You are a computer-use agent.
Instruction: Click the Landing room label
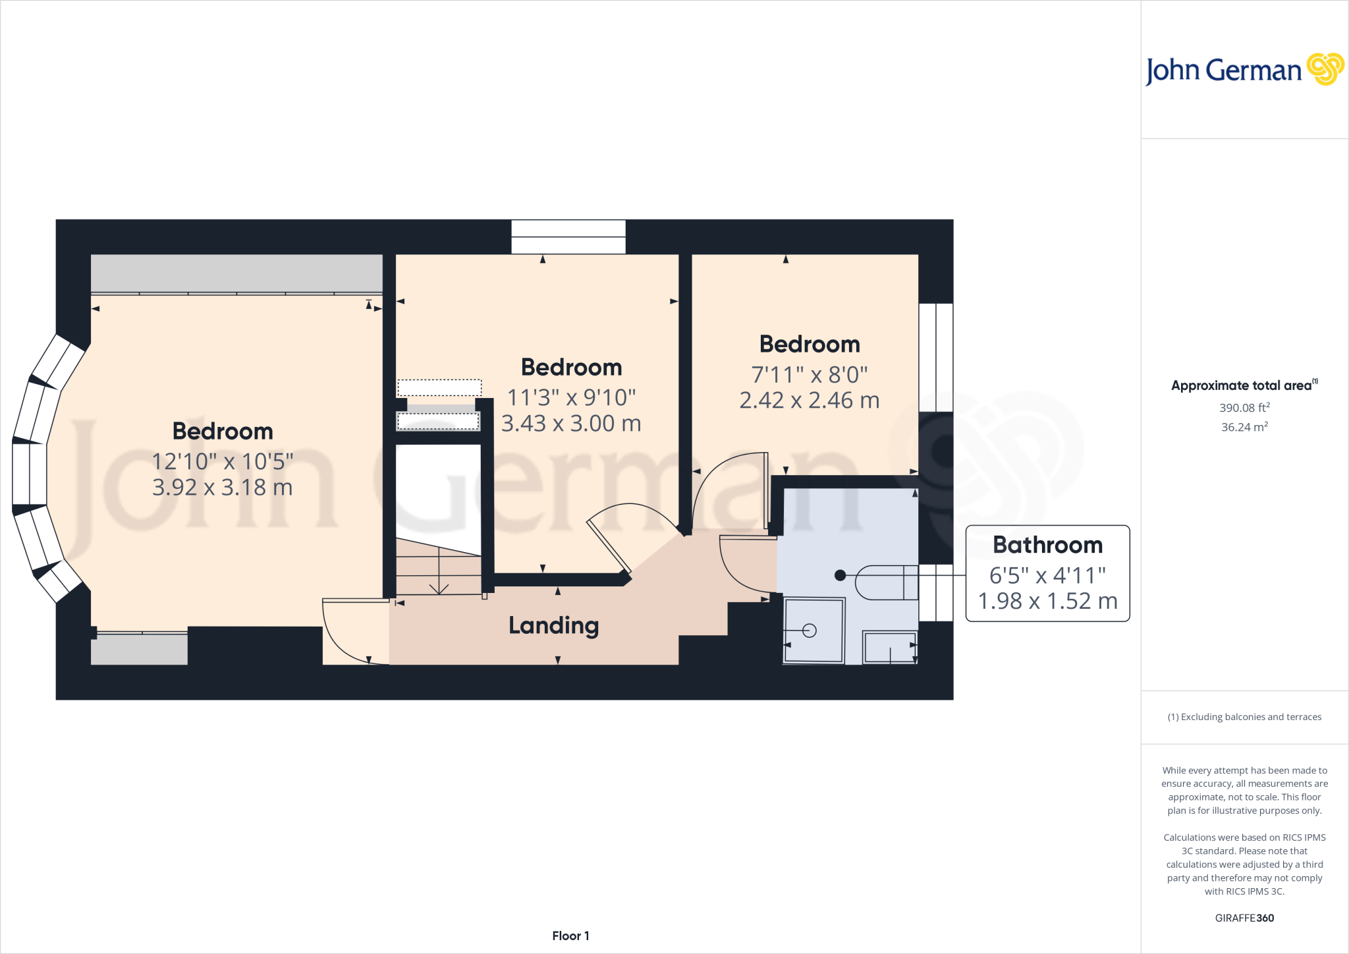[554, 625]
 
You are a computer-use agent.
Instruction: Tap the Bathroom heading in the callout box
[1047, 545]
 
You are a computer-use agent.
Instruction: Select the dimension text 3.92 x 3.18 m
[223, 488]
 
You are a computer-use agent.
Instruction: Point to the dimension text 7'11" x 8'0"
[810, 375]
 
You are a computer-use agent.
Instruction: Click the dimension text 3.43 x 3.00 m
[571, 424]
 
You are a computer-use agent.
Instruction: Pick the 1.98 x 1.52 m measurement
[1047, 601]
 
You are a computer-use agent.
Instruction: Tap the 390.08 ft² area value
[1244, 408]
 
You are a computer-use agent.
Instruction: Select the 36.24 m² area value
[1244, 427]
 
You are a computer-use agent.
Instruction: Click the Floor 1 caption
[570, 936]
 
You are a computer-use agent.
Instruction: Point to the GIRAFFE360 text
[1244, 918]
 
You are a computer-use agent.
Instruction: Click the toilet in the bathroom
[886, 582]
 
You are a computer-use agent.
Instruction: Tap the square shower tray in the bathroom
[814, 630]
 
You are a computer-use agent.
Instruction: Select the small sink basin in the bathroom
[890, 647]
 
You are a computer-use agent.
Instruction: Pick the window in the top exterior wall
[568, 237]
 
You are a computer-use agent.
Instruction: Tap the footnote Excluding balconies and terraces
[1244, 717]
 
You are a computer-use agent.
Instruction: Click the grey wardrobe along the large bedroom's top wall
[236, 273]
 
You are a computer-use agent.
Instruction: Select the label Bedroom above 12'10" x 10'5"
[223, 431]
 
